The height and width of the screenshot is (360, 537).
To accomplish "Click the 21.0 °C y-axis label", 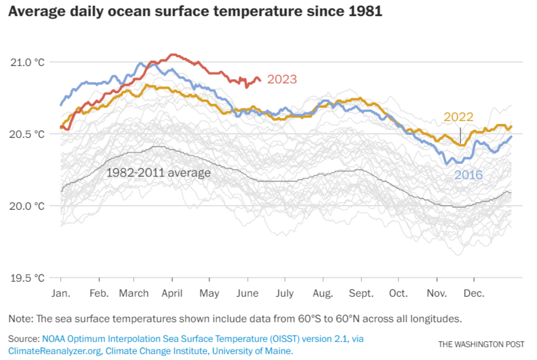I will [28, 62].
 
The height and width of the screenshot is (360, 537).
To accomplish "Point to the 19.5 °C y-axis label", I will [28, 278].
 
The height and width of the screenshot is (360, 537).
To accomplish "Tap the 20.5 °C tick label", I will [28, 134].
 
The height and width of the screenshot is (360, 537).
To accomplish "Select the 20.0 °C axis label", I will [28, 206].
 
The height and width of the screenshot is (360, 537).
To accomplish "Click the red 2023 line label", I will [282, 79].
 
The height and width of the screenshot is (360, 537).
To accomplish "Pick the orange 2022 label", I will [459, 117].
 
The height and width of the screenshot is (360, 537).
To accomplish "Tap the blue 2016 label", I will [469, 174].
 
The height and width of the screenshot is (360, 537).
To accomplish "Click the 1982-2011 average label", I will [158, 172].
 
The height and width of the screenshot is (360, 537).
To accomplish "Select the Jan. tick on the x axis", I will [61, 293].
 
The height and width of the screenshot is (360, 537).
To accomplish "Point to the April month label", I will [172, 293].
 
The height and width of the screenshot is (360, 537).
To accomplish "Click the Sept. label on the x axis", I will [361, 293].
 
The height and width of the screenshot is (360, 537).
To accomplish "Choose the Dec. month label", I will [474, 293].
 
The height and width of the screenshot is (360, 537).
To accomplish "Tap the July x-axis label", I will [284, 293].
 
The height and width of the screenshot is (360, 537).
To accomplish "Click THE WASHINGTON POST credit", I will [481, 344].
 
